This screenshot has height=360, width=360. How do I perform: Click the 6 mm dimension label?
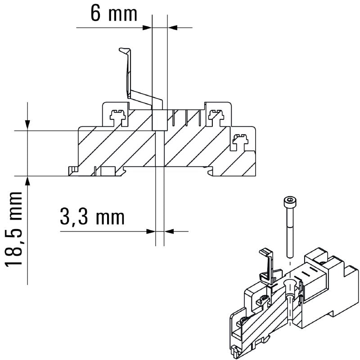point(113,13)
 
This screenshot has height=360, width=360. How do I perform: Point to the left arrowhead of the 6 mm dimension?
point(147,28)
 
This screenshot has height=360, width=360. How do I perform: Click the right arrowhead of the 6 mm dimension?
point(172,28)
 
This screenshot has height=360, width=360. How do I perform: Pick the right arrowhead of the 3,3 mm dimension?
point(169,231)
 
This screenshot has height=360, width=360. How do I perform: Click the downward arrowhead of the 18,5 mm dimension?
point(28,125)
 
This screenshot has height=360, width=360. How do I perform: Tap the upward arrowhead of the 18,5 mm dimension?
point(28,181)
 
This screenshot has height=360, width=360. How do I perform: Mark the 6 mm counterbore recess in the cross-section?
point(159,119)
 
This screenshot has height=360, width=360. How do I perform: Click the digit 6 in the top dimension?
point(95,13)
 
